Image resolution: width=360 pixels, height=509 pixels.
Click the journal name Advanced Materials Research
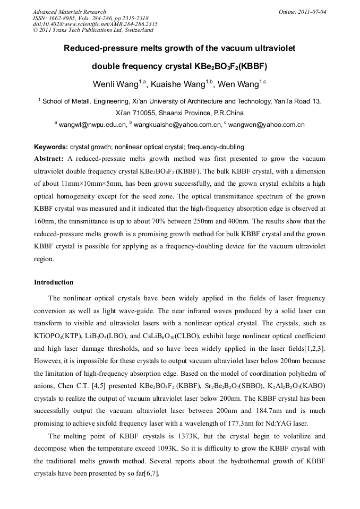[x=69, y=12]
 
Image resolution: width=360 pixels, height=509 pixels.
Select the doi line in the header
[x=95, y=24]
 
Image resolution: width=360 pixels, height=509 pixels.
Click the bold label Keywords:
[x=51, y=147]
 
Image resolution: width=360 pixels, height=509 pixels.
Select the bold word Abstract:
[x=49, y=159]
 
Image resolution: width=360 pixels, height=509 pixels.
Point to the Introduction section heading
[x=54, y=282]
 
